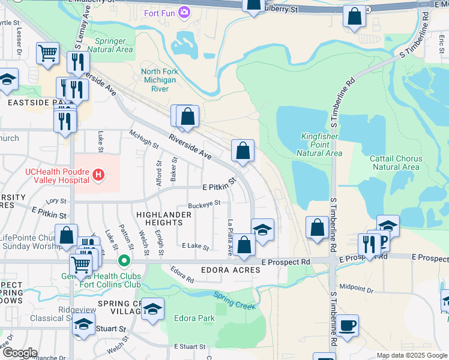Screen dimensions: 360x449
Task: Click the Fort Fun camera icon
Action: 184,11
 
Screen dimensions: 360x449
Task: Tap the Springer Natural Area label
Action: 110,46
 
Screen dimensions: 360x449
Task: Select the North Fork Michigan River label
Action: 159,80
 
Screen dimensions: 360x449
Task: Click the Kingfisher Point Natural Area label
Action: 319,145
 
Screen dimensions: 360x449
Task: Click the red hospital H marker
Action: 99,175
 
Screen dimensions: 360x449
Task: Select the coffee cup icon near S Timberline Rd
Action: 347,326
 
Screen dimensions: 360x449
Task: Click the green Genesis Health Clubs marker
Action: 124,261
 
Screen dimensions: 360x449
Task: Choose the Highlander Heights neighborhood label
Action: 159,218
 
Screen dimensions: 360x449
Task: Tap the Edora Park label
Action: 194,318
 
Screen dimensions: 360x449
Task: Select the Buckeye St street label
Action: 204,205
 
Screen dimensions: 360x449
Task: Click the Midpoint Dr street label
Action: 356,288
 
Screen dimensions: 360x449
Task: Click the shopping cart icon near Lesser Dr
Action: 47,53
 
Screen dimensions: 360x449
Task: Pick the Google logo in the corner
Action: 20,353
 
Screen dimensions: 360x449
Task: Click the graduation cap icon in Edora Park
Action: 153,309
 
